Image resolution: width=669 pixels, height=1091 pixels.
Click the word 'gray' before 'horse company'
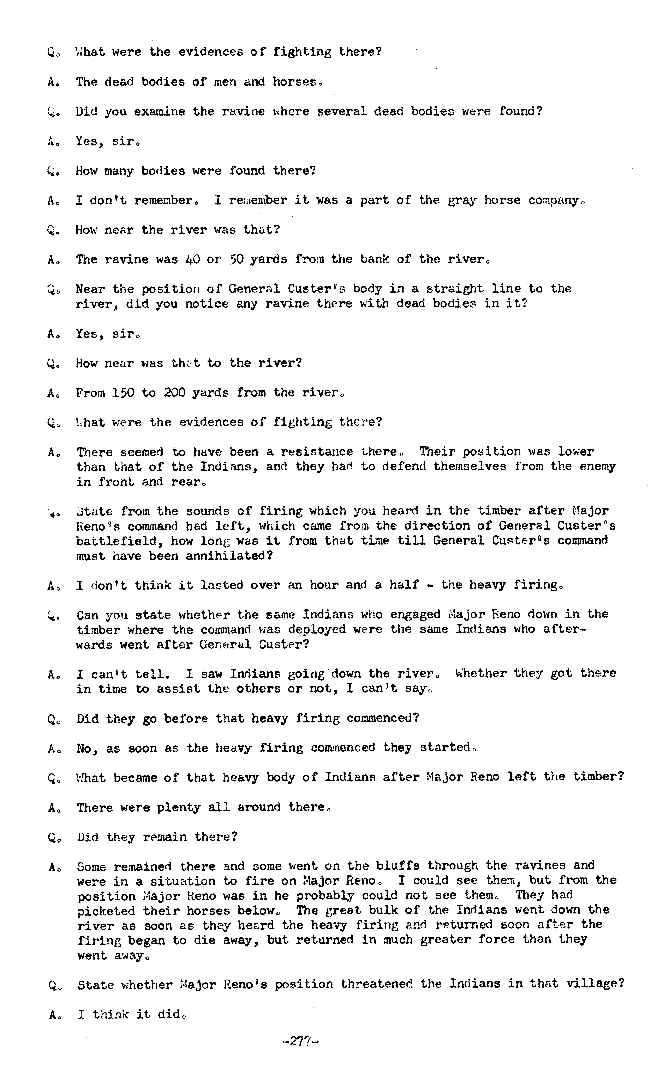tap(462, 201)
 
